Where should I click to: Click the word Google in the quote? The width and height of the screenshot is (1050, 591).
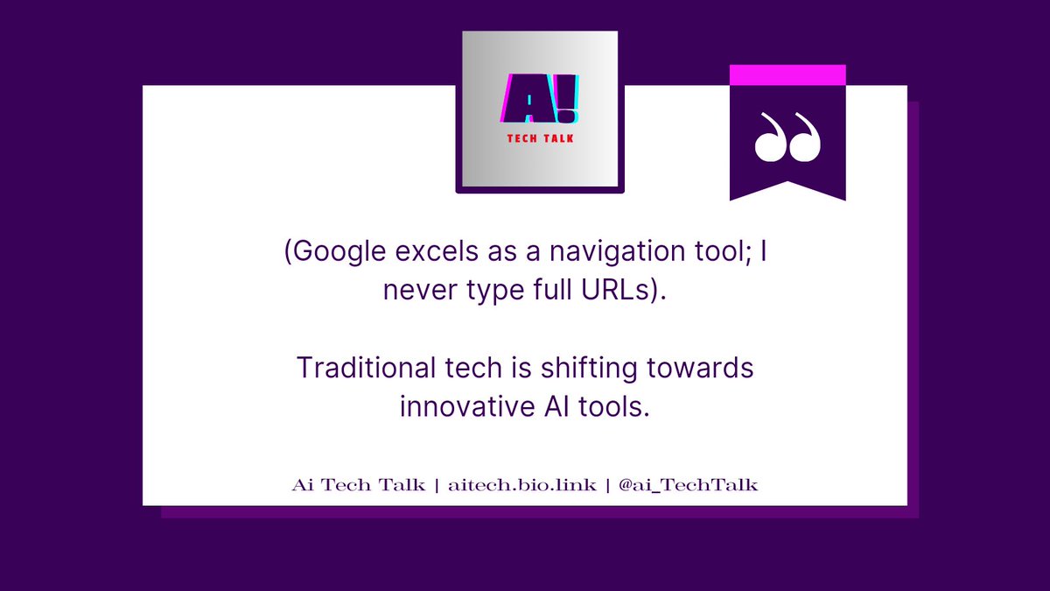click(344, 254)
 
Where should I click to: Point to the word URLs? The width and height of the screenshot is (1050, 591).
click(614, 291)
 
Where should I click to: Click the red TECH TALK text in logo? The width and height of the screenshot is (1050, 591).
click(540, 138)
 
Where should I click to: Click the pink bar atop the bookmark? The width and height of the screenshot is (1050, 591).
click(787, 75)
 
